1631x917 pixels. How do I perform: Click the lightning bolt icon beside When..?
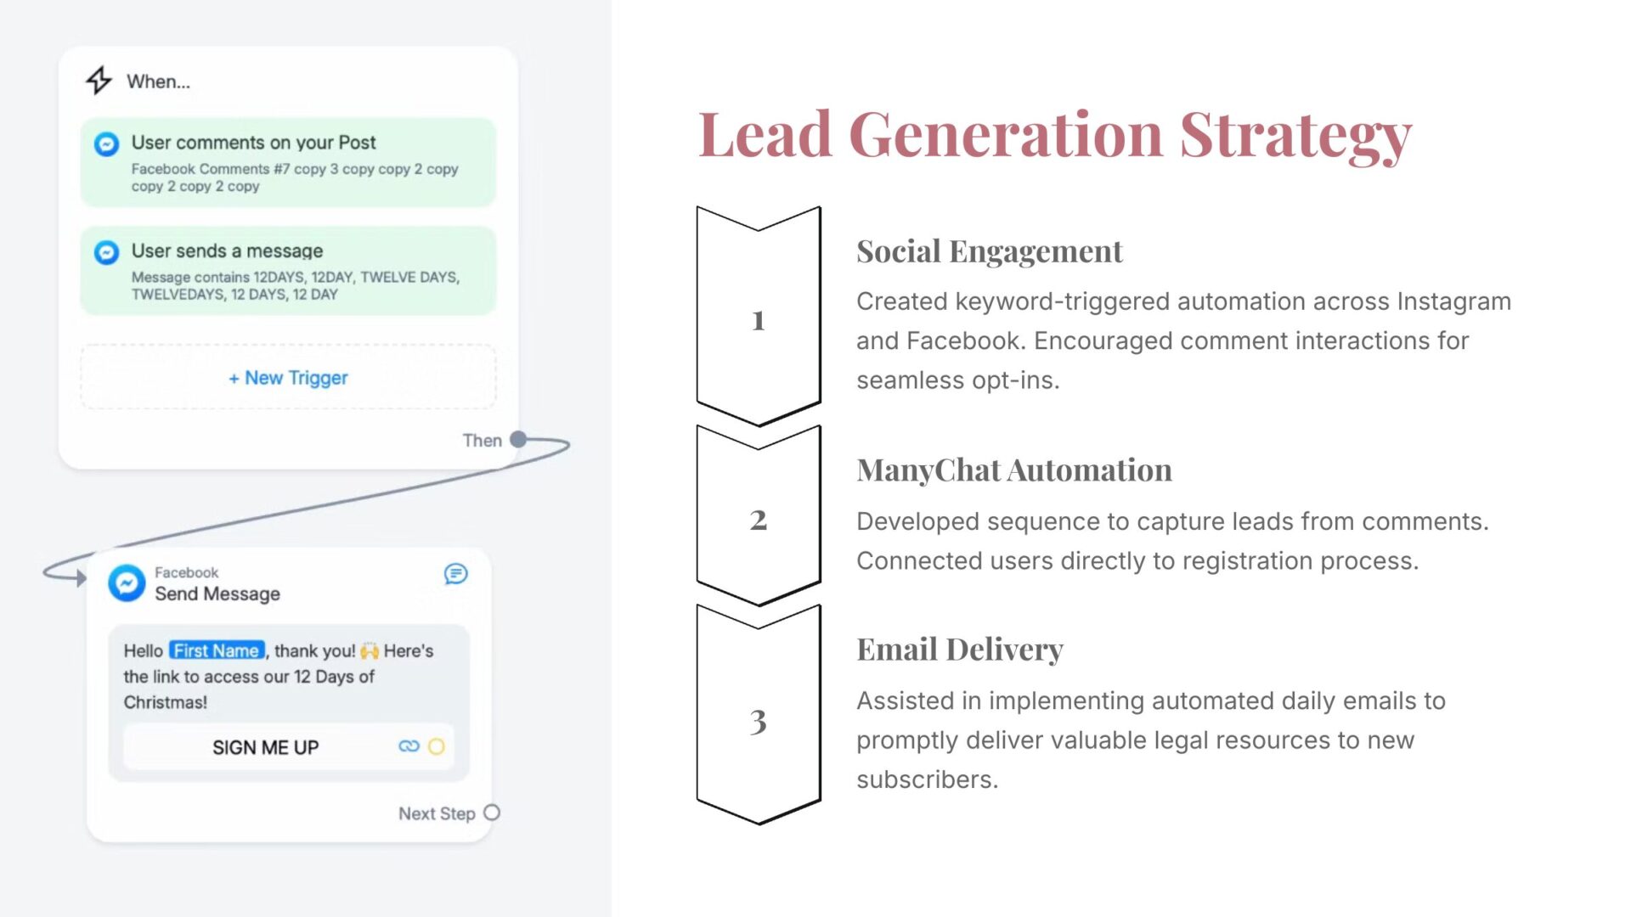(99, 81)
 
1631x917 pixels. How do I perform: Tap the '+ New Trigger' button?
(288, 377)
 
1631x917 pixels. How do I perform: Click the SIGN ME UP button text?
(265, 747)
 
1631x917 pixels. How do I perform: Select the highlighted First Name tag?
(217, 650)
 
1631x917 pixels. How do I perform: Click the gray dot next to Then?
(518, 440)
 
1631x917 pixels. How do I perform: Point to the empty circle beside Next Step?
(492, 813)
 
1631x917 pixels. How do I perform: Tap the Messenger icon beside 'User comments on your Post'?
(106, 144)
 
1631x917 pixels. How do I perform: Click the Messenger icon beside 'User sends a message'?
(106, 252)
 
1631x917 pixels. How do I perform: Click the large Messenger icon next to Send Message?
(127, 583)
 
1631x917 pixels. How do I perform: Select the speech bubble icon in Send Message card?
(455, 574)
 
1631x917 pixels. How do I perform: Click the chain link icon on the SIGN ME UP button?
(409, 746)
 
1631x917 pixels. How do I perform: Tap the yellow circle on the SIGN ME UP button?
(436, 746)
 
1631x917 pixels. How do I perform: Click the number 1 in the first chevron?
(759, 320)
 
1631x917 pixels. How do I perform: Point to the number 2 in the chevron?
(759, 520)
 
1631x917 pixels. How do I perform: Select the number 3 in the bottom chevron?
(759, 721)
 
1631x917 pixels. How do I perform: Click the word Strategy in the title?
(1295, 136)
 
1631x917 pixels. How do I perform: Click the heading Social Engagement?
(990, 251)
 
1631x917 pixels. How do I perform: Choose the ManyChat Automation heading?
(1014, 470)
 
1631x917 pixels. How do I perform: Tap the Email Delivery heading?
(960, 650)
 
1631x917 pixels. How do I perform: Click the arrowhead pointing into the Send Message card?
(81, 578)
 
